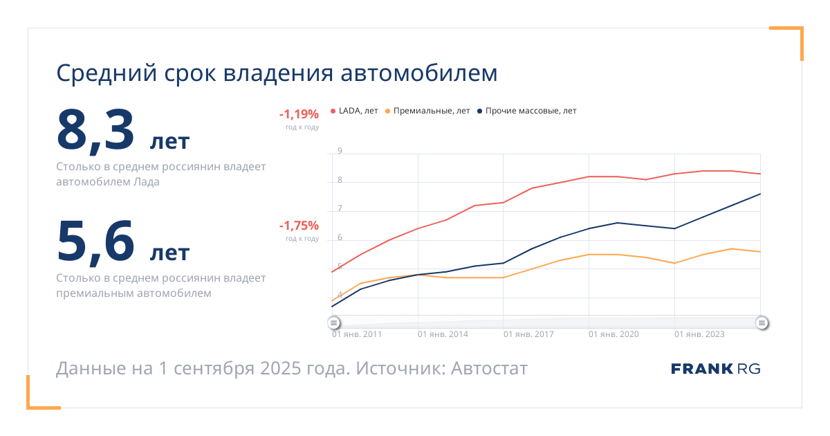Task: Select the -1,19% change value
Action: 299,114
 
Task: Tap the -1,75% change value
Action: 299,226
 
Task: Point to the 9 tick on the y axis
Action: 340,151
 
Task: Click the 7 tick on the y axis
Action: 340,209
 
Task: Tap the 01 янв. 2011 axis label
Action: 357,334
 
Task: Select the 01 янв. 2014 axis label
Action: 443,334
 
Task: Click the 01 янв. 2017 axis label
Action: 528,334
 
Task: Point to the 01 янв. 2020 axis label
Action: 614,334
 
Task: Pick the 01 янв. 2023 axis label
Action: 699,334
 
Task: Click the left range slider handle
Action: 333,323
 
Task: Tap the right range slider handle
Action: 762,323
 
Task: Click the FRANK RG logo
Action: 715,369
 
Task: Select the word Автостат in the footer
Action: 489,369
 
